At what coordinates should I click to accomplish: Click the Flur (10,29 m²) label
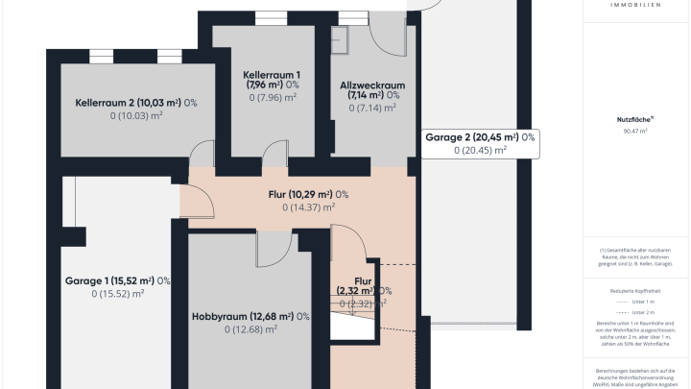click(x=308, y=194)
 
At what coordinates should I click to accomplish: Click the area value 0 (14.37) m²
click(x=308, y=207)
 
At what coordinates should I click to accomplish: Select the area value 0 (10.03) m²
click(x=135, y=116)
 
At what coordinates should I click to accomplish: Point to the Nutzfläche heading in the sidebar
click(x=634, y=119)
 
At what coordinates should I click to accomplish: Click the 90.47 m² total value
click(x=634, y=131)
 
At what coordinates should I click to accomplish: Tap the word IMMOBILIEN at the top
click(x=634, y=5)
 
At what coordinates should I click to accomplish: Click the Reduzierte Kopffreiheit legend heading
click(x=634, y=288)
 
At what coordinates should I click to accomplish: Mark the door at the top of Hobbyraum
click(x=274, y=246)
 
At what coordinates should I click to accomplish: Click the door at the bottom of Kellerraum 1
click(x=275, y=154)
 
